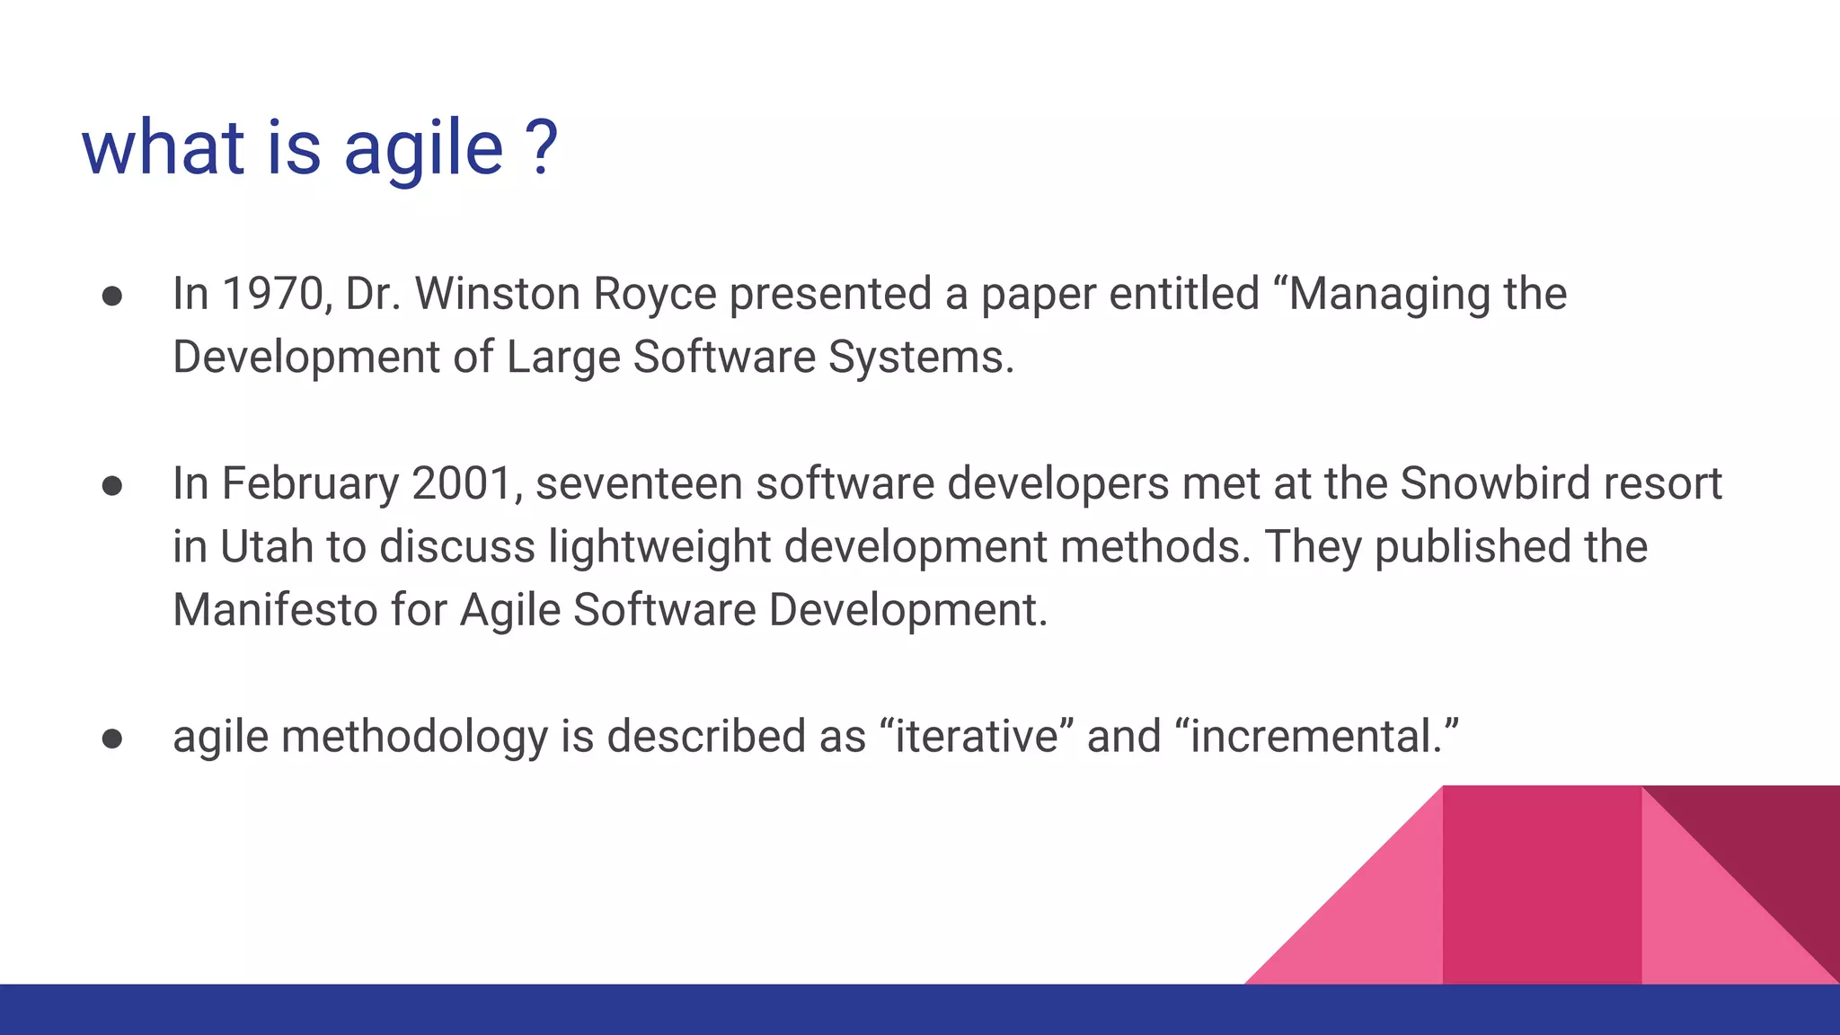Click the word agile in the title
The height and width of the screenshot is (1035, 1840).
click(x=423, y=149)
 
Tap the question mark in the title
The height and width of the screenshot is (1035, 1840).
click(x=542, y=147)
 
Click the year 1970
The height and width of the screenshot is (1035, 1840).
click(x=272, y=294)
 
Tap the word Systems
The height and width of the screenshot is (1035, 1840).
click(x=920, y=357)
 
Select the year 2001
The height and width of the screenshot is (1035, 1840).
click(x=461, y=483)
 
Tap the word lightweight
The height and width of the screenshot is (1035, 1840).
click(x=659, y=548)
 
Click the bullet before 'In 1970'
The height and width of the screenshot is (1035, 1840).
click(x=112, y=296)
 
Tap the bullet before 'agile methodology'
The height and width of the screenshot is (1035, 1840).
click(x=112, y=739)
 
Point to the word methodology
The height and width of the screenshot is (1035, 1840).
click(x=413, y=738)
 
